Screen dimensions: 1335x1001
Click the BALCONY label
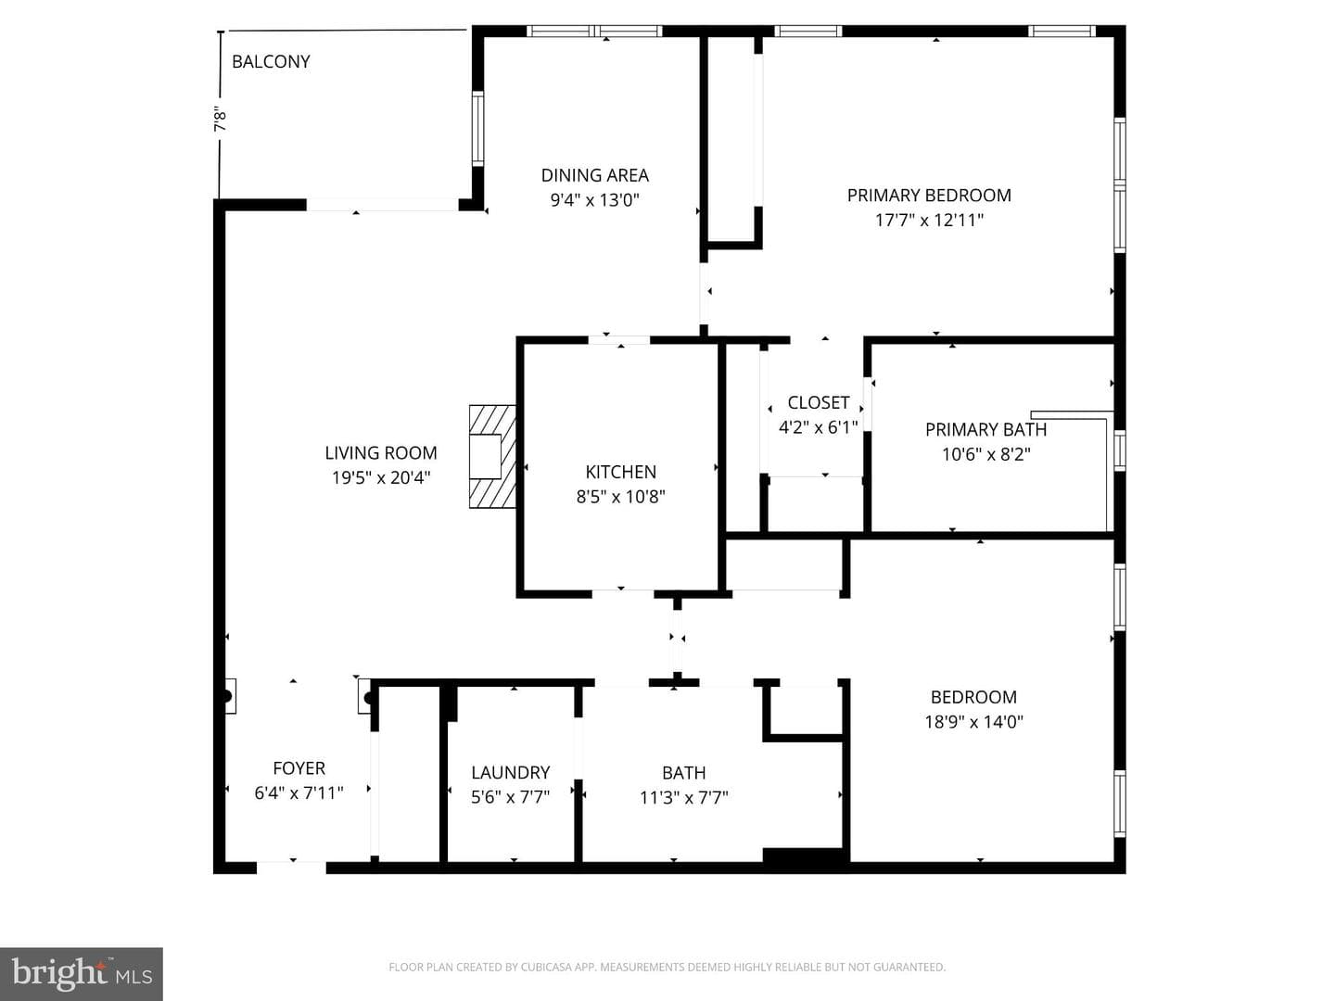(271, 61)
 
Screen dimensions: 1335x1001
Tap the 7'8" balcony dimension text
(220, 120)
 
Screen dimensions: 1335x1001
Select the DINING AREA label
(595, 176)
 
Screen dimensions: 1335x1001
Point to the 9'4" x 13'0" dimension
(595, 200)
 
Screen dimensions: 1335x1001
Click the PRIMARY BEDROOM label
(929, 195)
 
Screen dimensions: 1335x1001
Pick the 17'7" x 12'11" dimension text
(929, 220)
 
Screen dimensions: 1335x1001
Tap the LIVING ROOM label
(381, 453)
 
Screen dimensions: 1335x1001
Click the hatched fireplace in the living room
(492, 456)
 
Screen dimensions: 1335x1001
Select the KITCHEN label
(620, 472)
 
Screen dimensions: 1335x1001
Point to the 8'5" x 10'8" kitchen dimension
(620, 497)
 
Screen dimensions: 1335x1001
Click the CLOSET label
(818, 402)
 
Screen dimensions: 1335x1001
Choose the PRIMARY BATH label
(985, 430)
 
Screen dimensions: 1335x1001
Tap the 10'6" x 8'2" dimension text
(985, 454)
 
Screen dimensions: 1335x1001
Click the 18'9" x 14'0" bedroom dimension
(973, 722)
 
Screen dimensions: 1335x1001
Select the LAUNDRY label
(510, 772)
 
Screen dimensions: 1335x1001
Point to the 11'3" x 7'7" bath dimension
(683, 797)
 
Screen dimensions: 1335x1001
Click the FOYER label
(299, 768)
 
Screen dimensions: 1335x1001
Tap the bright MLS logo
(82, 973)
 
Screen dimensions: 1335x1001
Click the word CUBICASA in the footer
(543, 967)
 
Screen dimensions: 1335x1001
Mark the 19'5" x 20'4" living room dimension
(381, 477)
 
